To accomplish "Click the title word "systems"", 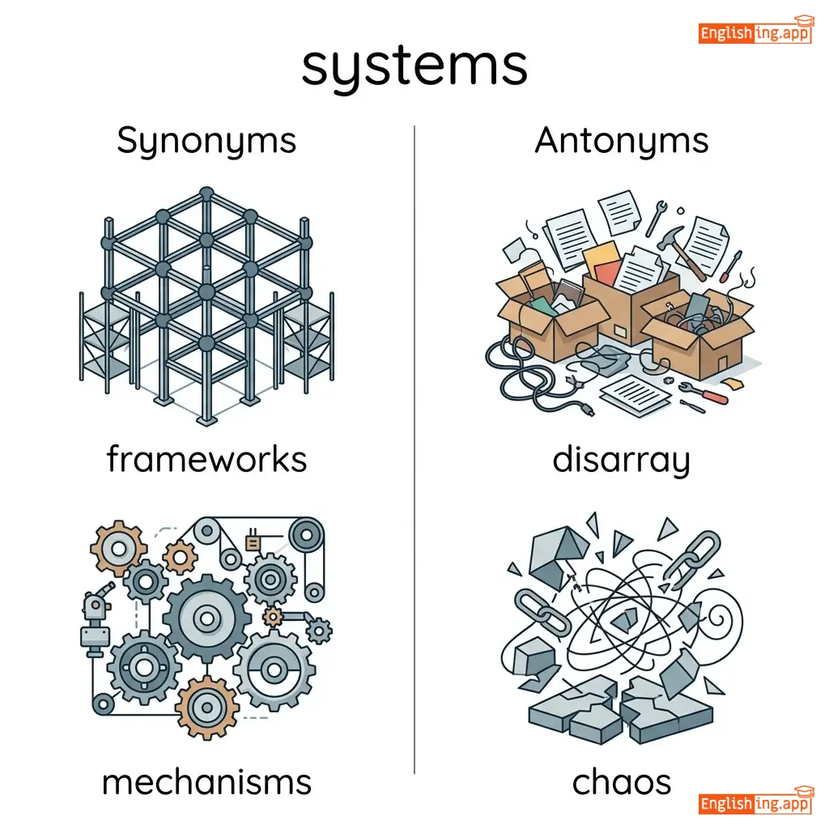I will [414, 66].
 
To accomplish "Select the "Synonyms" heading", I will [206, 141].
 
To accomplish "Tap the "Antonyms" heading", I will [621, 141].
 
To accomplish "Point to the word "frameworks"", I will [206, 460].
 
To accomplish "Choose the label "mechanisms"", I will [206, 782].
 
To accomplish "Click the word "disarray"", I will [621, 461].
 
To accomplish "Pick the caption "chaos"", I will [621, 782].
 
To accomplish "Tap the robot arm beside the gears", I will [95, 615].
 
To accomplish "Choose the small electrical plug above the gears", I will [253, 540].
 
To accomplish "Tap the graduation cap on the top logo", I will [802, 22].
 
